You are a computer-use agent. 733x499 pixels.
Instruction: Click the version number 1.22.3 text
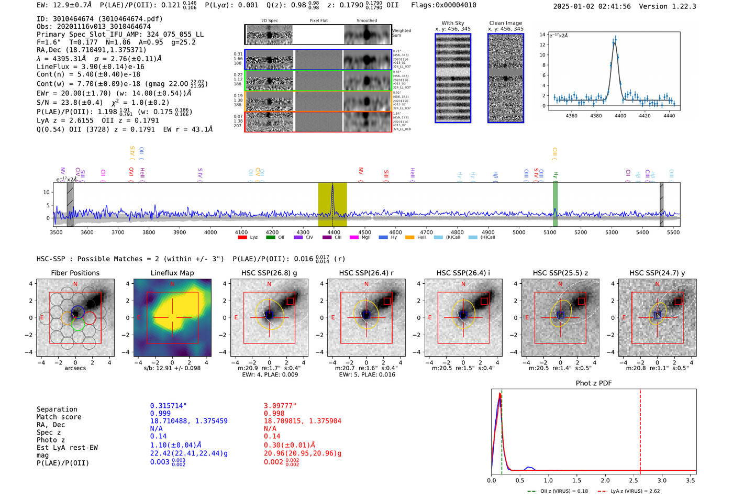(x=683, y=6)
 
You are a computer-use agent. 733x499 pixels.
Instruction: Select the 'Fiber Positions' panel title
(x=75, y=273)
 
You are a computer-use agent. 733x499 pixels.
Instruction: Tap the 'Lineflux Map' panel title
(x=172, y=273)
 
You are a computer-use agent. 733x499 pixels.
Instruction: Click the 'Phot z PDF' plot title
(x=593, y=383)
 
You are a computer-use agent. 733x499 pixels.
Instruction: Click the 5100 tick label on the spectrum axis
(x=550, y=232)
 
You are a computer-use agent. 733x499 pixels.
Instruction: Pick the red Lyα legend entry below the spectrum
(x=248, y=237)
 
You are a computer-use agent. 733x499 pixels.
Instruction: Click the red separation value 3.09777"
(x=280, y=406)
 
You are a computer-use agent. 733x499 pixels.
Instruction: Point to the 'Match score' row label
(x=59, y=417)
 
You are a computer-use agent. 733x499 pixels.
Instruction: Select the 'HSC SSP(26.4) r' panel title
(x=366, y=273)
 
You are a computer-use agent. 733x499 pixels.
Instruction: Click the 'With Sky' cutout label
(x=452, y=23)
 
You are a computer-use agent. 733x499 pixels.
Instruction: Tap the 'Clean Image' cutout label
(x=505, y=23)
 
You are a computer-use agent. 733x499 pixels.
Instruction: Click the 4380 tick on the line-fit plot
(x=596, y=116)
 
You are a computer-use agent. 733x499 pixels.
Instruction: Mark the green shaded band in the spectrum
(x=555, y=204)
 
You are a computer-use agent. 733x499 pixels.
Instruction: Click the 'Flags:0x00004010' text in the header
(x=443, y=5)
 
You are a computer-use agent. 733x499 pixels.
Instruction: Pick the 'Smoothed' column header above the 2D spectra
(x=366, y=21)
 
